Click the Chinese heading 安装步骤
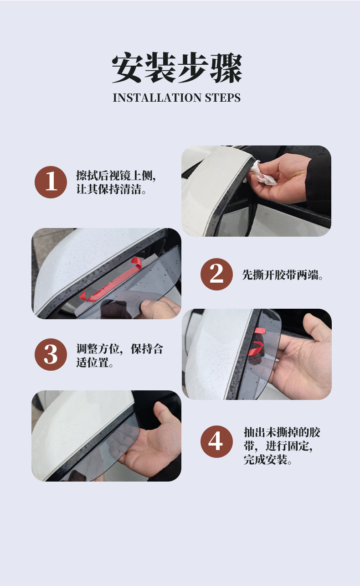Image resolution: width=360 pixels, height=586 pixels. pyautogui.click(x=177, y=67)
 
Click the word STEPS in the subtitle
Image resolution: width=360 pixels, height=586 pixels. pyautogui.click(x=222, y=98)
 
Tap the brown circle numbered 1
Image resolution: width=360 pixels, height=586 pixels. pyautogui.click(x=51, y=182)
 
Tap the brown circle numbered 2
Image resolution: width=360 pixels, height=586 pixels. pyautogui.click(x=216, y=274)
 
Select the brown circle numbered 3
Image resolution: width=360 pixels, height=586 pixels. pyautogui.click(x=51, y=354)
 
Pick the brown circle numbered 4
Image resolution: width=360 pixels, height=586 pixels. pyautogui.click(x=216, y=441)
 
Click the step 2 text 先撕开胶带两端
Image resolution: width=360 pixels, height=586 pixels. pyautogui.click(x=282, y=275)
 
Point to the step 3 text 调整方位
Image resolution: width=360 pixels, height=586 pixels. pyautogui.click(x=98, y=349)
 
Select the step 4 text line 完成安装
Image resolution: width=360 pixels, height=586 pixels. pyautogui.click(x=267, y=460)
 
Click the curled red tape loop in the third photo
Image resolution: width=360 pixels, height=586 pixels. pyautogui.click(x=255, y=348)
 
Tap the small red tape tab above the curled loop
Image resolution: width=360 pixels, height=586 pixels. pyautogui.click(x=260, y=331)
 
